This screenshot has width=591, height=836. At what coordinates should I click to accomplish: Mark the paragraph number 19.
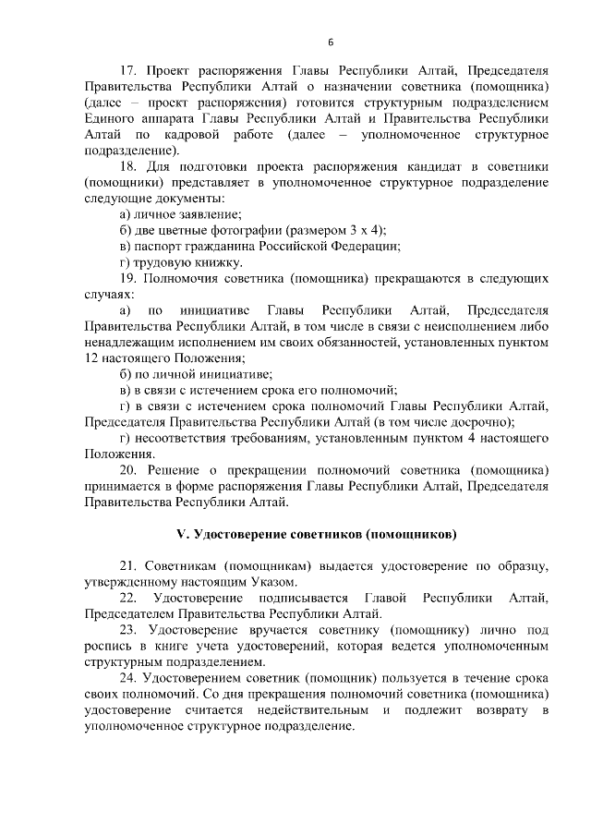pyautogui.click(x=128, y=278)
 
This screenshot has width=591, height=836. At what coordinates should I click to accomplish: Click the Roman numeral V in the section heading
pyautogui.click(x=182, y=534)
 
